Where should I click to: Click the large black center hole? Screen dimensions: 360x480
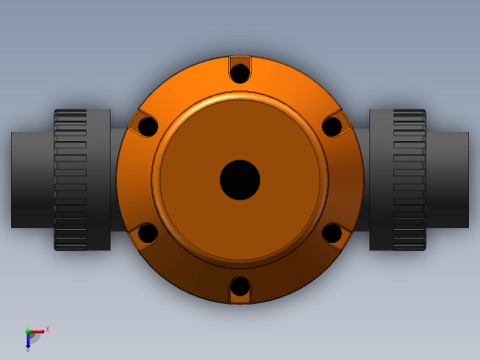pos(240,180)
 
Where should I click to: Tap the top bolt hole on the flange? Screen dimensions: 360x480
pos(240,73)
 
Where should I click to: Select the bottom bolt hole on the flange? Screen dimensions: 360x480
pos(240,287)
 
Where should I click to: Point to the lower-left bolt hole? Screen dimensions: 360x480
pos(148,234)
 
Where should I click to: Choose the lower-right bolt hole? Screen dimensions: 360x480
pos(332,234)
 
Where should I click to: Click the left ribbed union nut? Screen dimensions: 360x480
pos(70,180)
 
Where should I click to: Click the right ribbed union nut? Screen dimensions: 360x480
pos(410,180)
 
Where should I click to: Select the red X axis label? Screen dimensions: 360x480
pos(47,329)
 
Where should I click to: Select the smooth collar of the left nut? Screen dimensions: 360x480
pos(99,180)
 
